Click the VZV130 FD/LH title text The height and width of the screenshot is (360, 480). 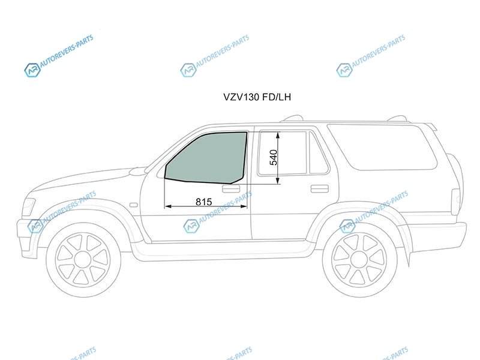[x=257, y=97]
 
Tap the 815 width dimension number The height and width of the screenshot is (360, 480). [x=204, y=202]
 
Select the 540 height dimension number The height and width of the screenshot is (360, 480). [x=274, y=157]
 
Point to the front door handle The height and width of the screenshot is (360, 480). [x=231, y=189]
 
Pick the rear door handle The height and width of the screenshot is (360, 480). [x=320, y=188]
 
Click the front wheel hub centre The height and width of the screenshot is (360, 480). [x=83, y=260]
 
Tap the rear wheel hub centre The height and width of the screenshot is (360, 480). [x=359, y=260]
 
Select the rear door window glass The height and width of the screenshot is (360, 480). [x=282, y=153]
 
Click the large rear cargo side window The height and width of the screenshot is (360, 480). [x=383, y=147]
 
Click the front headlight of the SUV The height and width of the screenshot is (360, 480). [x=29, y=207]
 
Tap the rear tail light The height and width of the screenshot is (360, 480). [x=456, y=202]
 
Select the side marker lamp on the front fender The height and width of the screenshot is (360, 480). [x=133, y=205]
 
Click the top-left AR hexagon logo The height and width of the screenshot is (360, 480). [x=32, y=70]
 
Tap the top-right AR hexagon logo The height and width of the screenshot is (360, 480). [x=344, y=70]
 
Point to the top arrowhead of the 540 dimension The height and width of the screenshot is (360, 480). [x=278, y=134]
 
